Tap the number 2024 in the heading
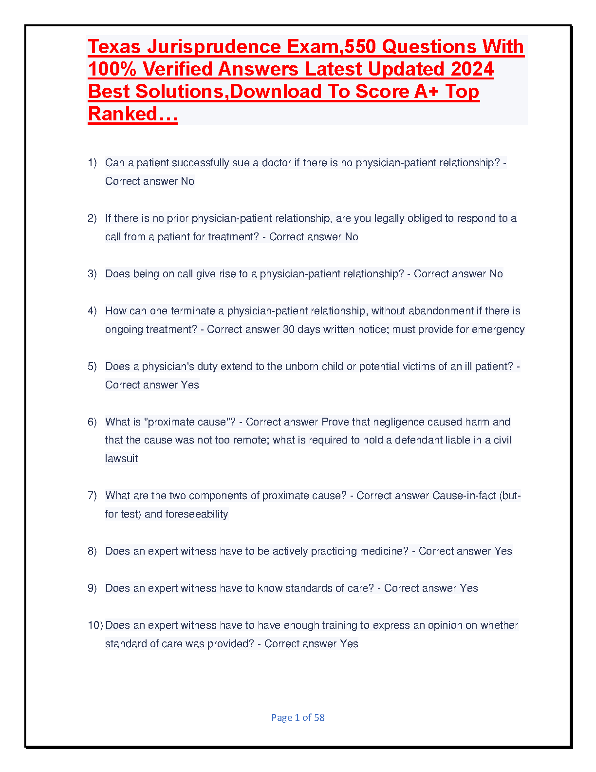click(x=472, y=69)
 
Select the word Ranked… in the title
click(x=132, y=114)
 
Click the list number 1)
click(x=93, y=163)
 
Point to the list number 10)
click(x=95, y=625)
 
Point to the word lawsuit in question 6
click(x=121, y=459)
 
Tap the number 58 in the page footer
click(x=319, y=717)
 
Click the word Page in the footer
click(x=282, y=717)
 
